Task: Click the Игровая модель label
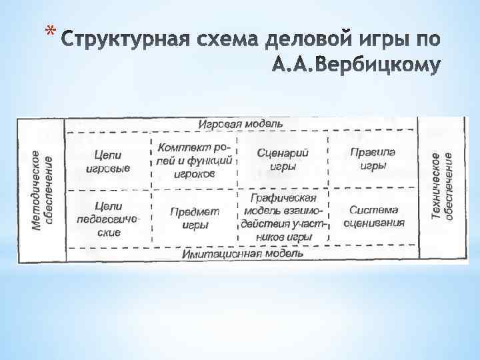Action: click(x=240, y=124)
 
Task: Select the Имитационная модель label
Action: click(x=243, y=253)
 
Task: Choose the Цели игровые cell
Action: click(x=108, y=161)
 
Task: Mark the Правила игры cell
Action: click(x=372, y=159)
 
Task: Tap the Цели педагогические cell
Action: click(x=108, y=219)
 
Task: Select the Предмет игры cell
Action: click(x=195, y=218)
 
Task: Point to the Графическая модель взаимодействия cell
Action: click(x=283, y=217)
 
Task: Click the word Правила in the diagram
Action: click(x=372, y=152)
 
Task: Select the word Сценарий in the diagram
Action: click(x=283, y=153)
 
